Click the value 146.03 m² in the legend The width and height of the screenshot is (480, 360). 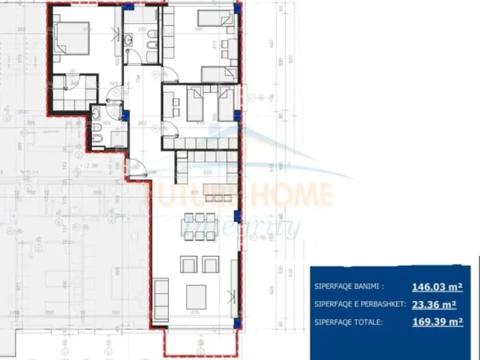(437, 286)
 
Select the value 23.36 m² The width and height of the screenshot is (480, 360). (434, 304)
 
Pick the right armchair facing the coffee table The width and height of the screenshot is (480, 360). (213, 265)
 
